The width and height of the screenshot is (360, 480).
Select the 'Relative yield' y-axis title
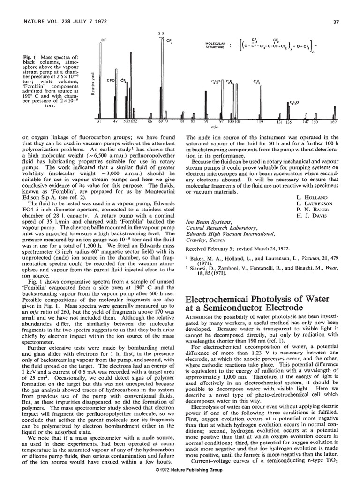pos(94,83)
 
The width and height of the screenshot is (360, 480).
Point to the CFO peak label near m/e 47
pos(111,80)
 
